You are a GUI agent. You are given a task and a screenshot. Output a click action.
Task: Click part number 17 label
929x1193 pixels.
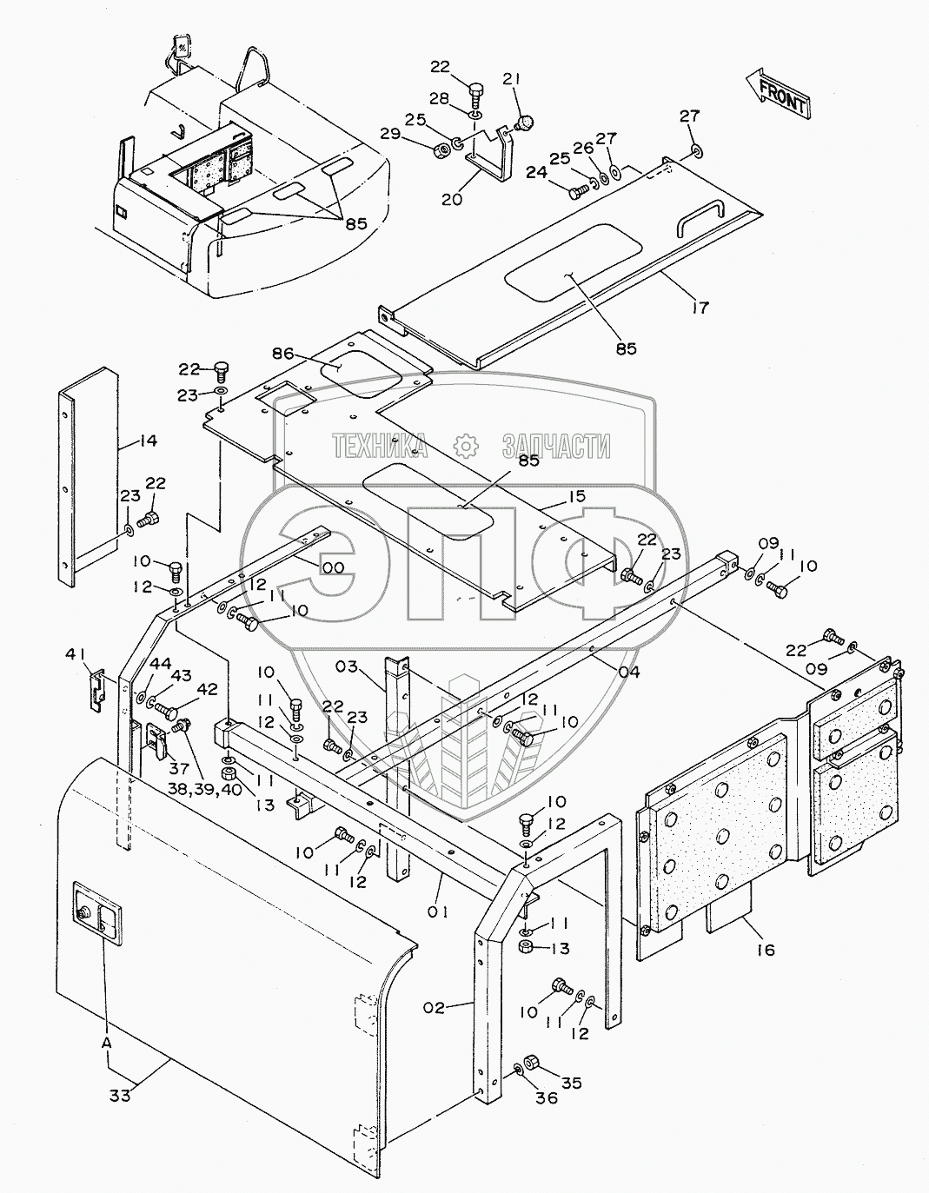[700, 307]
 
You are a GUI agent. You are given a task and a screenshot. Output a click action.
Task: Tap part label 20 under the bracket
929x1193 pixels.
[453, 199]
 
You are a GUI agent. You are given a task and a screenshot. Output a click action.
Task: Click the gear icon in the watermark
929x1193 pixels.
[466, 445]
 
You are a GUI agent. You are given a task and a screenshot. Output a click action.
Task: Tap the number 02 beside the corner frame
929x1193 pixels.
[435, 1009]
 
